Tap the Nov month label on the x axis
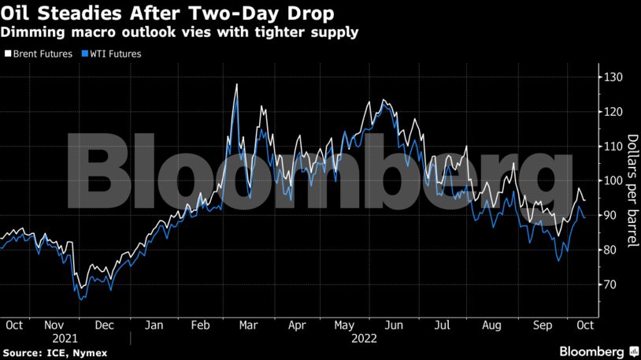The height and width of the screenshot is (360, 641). [54, 324]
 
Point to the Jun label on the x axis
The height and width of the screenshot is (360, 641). [395, 324]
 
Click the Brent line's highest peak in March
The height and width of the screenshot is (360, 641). [236, 84]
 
